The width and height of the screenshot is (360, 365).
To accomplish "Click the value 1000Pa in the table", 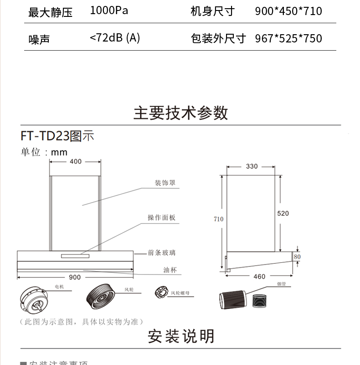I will [x=109, y=10].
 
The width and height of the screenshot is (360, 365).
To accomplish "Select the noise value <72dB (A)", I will [x=115, y=38].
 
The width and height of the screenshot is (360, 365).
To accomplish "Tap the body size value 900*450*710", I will [x=288, y=11].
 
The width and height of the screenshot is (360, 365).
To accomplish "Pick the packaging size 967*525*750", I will [x=288, y=38].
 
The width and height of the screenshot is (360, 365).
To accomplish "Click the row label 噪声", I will [x=39, y=39].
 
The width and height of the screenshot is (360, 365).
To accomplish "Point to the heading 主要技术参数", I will [x=180, y=113].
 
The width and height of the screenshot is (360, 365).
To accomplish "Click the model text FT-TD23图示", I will [x=57, y=136].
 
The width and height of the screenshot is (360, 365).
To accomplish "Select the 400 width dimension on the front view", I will [x=76, y=162].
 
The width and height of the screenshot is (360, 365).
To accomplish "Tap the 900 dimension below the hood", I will [x=75, y=277].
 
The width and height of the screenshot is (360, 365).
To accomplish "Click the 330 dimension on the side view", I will [x=252, y=167].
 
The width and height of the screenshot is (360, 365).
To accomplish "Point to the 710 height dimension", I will [x=219, y=219].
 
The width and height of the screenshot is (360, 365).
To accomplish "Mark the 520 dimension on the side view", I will [x=283, y=214].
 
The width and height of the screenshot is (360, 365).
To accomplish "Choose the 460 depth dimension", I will [x=259, y=276].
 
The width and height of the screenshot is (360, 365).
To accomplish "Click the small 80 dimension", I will [x=297, y=257].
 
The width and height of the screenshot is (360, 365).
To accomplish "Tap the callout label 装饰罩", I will [x=165, y=183].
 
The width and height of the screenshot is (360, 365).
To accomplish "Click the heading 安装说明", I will [x=180, y=336].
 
